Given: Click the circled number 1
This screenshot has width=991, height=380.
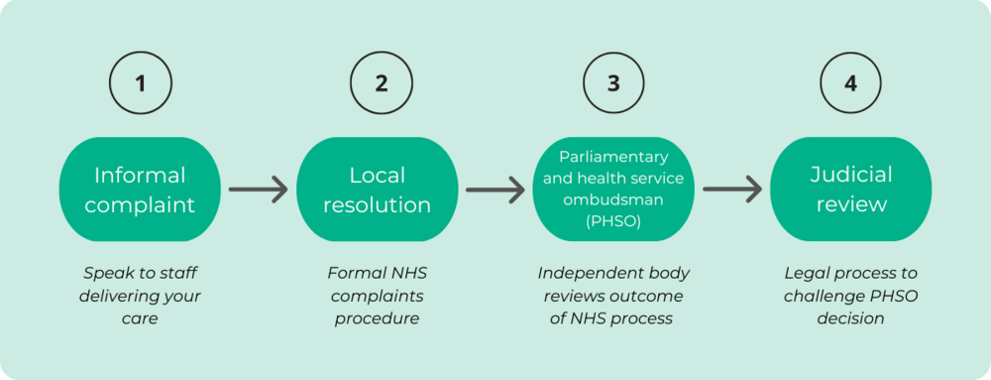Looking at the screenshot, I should (x=140, y=83).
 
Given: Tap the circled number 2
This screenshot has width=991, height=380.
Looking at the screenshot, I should (x=381, y=83).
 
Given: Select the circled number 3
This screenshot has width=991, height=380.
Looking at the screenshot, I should (x=613, y=83).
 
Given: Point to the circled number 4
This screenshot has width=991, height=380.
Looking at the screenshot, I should (x=850, y=83).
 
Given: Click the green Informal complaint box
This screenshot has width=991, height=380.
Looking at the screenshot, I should (x=140, y=190).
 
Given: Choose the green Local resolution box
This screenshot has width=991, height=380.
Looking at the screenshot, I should (x=377, y=190).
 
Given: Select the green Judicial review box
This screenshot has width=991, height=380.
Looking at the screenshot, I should (x=850, y=190).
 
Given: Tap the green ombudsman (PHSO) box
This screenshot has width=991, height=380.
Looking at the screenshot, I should (x=613, y=190).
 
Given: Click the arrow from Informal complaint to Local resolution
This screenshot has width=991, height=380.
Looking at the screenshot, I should (x=258, y=189).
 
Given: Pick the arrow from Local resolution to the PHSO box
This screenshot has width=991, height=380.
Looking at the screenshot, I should (x=495, y=189).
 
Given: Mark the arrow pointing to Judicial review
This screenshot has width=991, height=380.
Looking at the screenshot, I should (x=732, y=189).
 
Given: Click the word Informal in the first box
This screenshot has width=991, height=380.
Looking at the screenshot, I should (x=140, y=176).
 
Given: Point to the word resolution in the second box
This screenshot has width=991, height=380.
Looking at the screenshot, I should (x=377, y=205).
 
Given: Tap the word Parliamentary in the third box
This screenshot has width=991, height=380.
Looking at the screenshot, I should (x=613, y=158).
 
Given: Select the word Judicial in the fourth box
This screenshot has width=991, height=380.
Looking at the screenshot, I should (x=850, y=176).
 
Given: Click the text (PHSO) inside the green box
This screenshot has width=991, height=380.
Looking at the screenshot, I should (x=613, y=222).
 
